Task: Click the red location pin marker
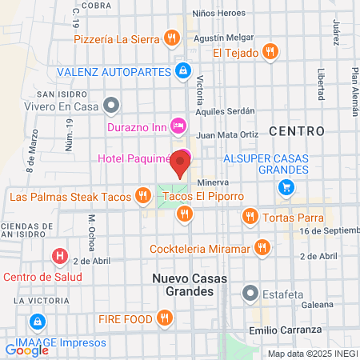point(181,166)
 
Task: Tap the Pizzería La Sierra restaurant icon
point(170,38)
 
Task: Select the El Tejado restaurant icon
point(271,53)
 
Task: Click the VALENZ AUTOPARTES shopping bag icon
point(183,71)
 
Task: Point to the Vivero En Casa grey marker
point(113,105)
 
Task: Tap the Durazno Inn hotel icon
point(178,125)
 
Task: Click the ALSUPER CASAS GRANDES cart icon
point(286,187)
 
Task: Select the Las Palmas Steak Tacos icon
point(143,194)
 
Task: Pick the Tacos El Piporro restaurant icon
point(185,213)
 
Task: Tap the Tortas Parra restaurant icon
point(250,216)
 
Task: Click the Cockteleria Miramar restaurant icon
point(260,247)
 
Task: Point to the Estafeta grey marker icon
point(251,293)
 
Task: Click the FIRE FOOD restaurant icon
point(165,318)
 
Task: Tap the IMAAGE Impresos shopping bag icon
point(36,322)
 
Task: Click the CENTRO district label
point(297,130)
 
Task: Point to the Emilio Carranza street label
point(285,330)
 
